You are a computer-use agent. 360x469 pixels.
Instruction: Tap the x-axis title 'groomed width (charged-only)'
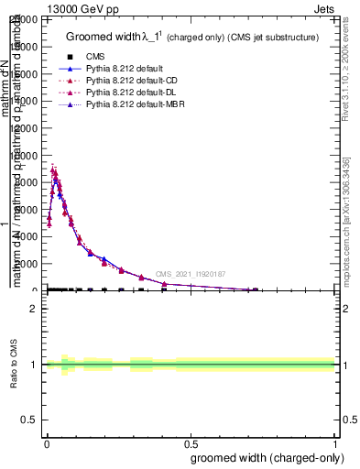[266, 457]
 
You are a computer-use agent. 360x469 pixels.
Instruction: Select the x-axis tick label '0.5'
[191, 443]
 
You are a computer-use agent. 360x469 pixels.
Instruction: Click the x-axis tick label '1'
[335, 443]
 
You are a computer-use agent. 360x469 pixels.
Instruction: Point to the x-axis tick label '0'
[46, 443]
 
